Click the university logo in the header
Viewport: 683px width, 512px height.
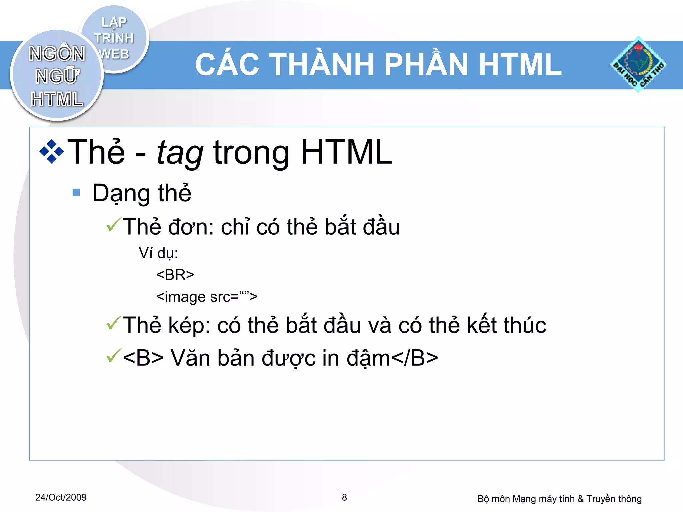pyautogui.click(x=638, y=65)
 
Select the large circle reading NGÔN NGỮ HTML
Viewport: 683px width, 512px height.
pyautogui.click(x=57, y=76)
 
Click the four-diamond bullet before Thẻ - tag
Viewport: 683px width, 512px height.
pyautogui.click(x=51, y=152)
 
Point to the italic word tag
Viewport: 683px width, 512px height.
pyautogui.click(x=180, y=153)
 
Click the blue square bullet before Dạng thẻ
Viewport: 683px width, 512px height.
pyautogui.click(x=76, y=193)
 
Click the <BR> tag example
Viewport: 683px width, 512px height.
pyautogui.click(x=175, y=275)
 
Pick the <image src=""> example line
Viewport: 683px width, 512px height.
pyautogui.click(x=207, y=296)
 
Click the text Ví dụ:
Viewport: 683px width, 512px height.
pyautogui.click(x=158, y=253)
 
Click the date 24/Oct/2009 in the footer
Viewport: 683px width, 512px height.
pyautogui.click(x=61, y=497)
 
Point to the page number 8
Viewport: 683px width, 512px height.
pyautogui.click(x=344, y=497)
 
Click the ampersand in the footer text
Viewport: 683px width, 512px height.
pyautogui.click(x=580, y=499)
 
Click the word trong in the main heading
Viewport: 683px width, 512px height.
pyautogui.click(x=252, y=153)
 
